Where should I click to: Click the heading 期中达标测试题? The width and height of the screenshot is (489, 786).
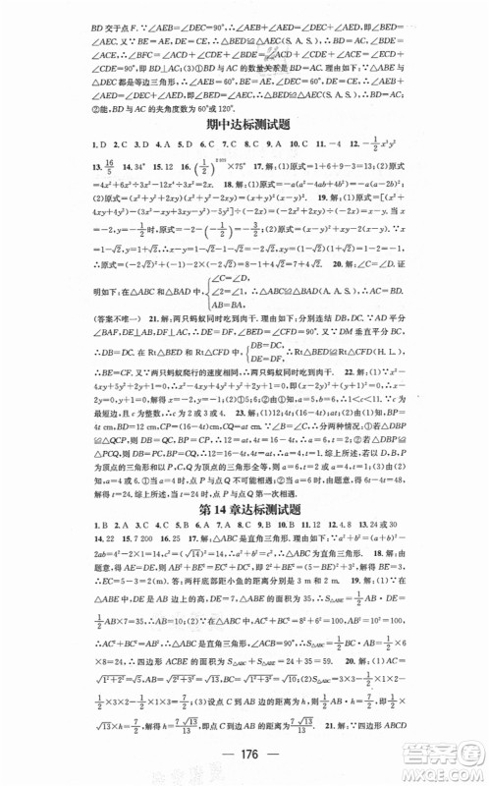[x=244, y=127]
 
